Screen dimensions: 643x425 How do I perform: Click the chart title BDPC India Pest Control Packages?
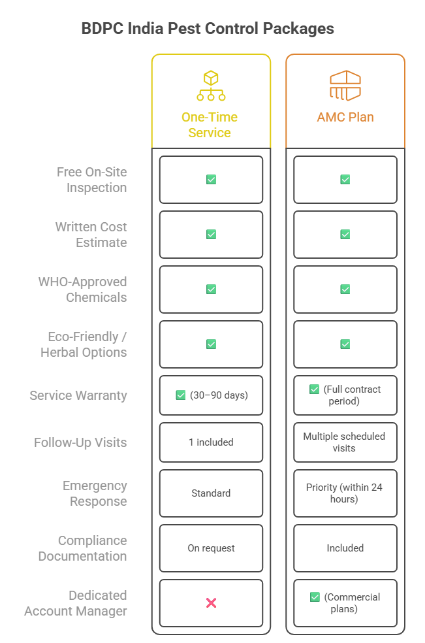[x=208, y=29]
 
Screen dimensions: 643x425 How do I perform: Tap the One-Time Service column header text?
[x=210, y=125]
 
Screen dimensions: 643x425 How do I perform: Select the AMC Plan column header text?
[x=345, y=118]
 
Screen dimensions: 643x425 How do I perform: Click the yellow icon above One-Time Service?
[x=211, y=86]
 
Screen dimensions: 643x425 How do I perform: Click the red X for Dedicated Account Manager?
[x=211, y=602]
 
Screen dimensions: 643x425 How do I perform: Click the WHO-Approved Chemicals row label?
[x=83, y=289]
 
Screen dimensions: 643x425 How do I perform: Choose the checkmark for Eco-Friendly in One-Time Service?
[x=211, y=344]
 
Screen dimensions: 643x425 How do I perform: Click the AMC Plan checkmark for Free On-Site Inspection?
[x=345, y=179]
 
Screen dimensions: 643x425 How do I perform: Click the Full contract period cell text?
[x=352, y=395]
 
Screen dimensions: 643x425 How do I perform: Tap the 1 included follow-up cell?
[x=211, y=442]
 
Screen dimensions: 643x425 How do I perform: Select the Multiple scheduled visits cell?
[x=345, y=442]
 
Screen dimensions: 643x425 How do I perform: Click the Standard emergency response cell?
[x=211, y=493]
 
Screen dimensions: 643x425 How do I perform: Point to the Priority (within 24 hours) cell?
[x=345, y=493]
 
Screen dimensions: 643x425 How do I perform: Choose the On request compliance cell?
[x=211, y=548]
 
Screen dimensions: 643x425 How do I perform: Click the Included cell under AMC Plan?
[x=345, y=548]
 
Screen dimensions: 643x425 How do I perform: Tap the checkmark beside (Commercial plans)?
[x=315, y=597]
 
